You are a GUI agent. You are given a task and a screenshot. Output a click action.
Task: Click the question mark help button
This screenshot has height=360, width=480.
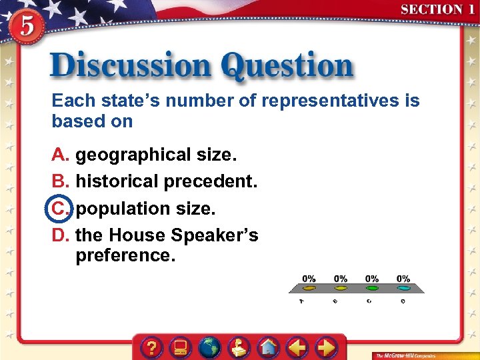tap(153, 347)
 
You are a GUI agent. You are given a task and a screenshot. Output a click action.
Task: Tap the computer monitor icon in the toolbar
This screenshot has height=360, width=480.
tap(181, 347)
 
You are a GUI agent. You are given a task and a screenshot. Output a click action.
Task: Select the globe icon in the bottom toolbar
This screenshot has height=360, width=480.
tap(210, 347)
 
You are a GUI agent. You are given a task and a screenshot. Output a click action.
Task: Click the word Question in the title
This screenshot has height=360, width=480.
tap(287, 66)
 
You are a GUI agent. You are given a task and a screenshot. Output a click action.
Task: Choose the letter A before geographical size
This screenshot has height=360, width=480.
tap(60, 155)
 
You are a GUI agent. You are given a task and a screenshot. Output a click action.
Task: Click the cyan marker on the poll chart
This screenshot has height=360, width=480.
tap(403, 289)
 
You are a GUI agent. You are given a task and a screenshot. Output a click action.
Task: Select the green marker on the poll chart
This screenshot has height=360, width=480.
tap(372, 289)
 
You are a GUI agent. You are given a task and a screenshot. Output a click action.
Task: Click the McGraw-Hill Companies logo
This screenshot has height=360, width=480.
tap(405, 355)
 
